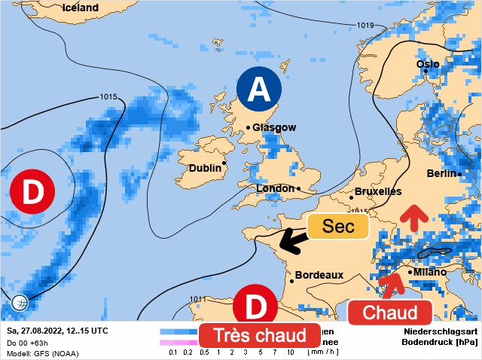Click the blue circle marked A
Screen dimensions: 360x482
(258, 90)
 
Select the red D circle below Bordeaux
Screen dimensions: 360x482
(256, 307)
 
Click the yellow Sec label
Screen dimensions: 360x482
(338, 226)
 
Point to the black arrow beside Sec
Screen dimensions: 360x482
(292, 241)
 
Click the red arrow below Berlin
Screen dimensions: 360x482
(411, 217)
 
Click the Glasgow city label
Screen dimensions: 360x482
(274, 128)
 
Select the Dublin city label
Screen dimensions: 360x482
(204, 168)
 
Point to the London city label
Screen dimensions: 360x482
(275, 188)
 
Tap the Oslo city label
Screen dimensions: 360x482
(428, 64)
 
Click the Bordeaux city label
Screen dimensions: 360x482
(319, 276)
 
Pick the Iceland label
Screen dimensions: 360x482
(81, 8)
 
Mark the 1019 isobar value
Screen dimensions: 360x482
(365, 26)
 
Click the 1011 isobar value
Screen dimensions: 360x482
(198, 299)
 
